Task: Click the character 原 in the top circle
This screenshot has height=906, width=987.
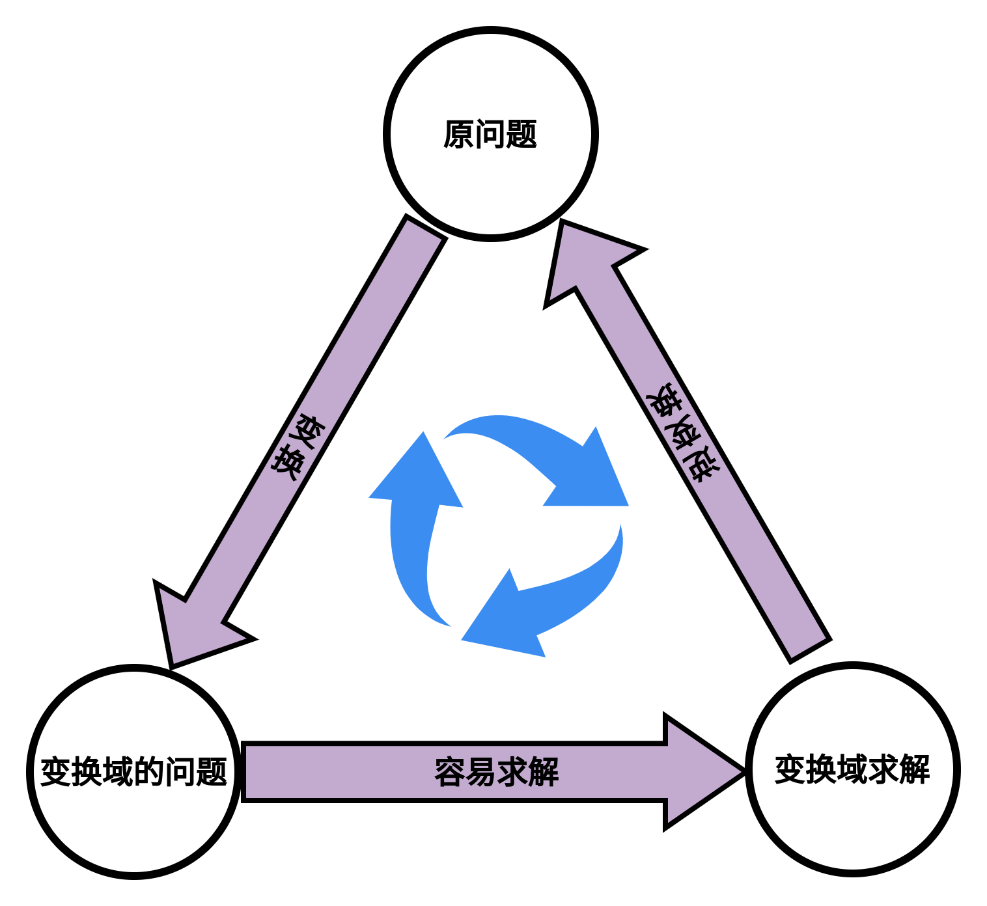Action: (x=459, y=135)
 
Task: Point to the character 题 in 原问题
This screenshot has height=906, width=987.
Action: (x=521, y=135)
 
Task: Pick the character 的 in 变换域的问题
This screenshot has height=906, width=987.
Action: (x=150, y=772)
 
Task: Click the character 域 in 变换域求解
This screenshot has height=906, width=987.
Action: (x=853, y=769)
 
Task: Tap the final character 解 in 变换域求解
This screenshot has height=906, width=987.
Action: (x=915, y=769)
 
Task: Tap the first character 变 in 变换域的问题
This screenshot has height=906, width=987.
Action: (x=56, y=772)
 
